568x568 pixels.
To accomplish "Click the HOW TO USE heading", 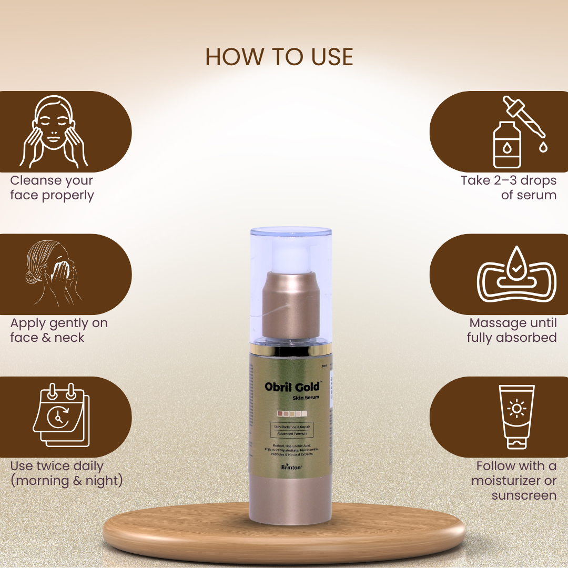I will click(279, 57).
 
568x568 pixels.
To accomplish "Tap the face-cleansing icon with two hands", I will click(54, 131).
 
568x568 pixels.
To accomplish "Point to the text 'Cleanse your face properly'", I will click(52, 188).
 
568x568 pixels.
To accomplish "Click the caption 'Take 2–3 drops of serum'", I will click(509, 188).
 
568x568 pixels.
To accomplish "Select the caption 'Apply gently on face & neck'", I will click(59, 330).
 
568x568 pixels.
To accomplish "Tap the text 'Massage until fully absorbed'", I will click(512, 330).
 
